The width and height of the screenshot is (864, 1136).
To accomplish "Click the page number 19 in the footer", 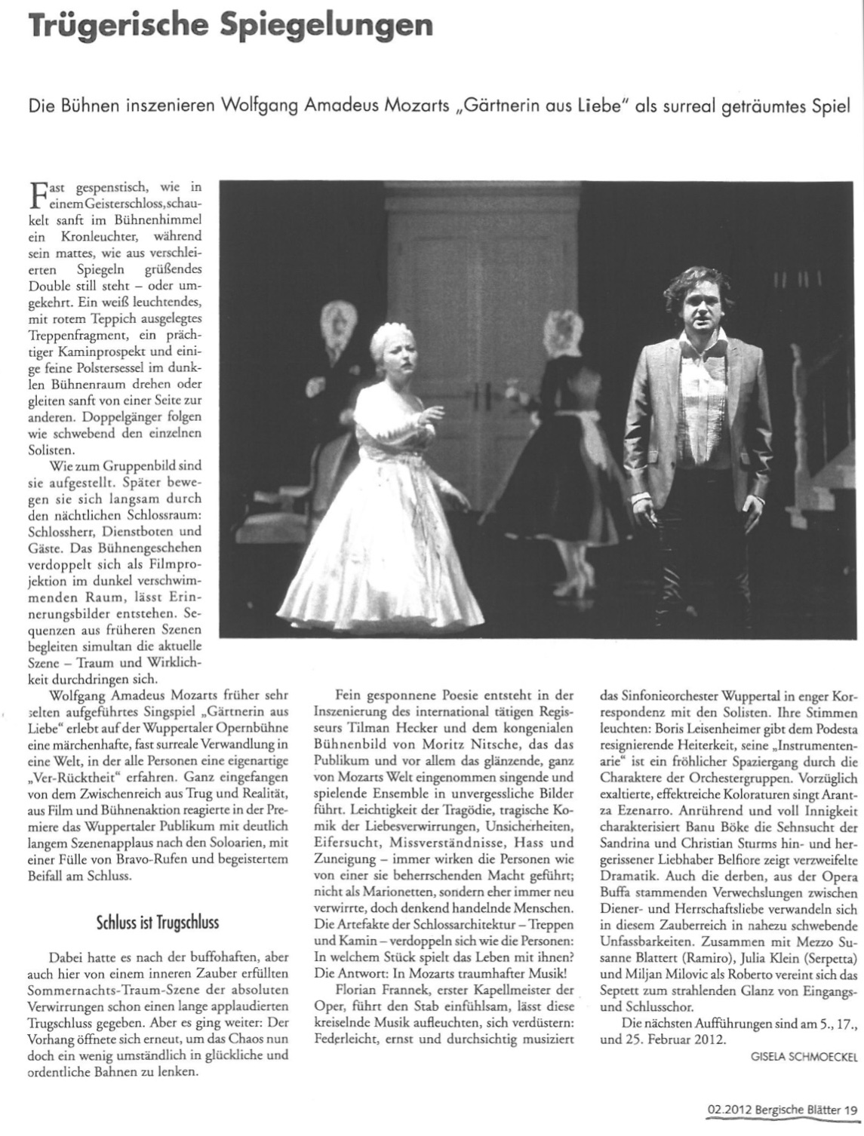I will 851,1109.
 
